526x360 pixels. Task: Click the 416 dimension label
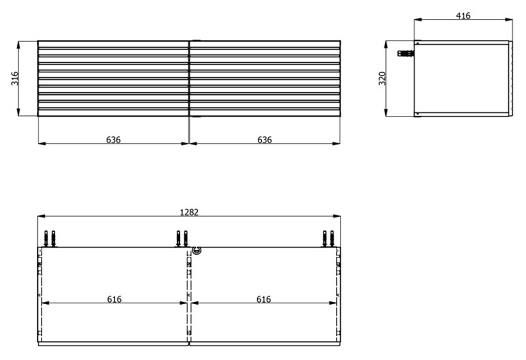tap(463, 16)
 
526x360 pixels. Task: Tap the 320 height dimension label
tap(382, 78)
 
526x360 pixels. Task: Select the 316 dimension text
tap(15, 78)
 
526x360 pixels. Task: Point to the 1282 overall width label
tap(189, 212)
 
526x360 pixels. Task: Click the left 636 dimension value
tap(114, 140)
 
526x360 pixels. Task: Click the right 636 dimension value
tap(265, 140)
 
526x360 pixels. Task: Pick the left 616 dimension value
tap(114, 299)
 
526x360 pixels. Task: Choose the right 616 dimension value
tap(264, 299)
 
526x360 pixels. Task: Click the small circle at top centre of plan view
tap(197, 250)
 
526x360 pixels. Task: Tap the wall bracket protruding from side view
tap(406, 53)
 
